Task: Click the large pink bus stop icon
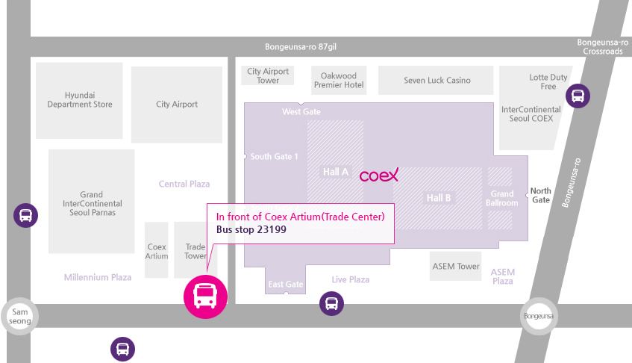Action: (205, 297)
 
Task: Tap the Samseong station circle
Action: (19, 316)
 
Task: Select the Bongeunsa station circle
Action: (539, 316)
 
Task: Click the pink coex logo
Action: (379, 175)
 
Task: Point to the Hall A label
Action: (335, 173)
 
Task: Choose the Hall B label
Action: (439, 198)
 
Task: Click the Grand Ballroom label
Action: (502, 199)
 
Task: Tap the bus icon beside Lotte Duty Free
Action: (578, 96)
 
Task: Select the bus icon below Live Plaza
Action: (332, 303)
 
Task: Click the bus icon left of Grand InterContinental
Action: (26, 215)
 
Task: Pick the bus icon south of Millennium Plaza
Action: (122, 349)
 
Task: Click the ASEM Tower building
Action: (455, 266)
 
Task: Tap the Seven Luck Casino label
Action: (437, 80)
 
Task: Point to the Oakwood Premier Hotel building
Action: (339, 80)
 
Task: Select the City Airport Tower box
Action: (268, 75)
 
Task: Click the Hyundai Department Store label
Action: (80, 99)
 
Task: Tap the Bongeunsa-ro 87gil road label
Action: (300, 47)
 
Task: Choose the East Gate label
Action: (286, 285)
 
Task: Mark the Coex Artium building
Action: (157, 250)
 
